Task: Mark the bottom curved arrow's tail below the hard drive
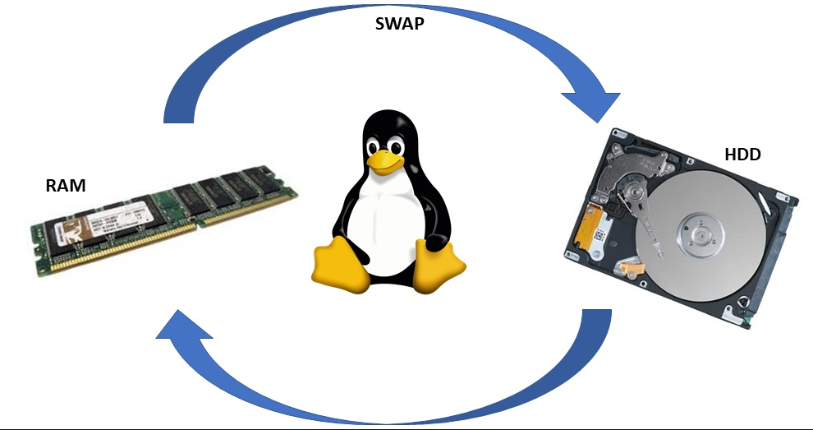click(x=596, y=325)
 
